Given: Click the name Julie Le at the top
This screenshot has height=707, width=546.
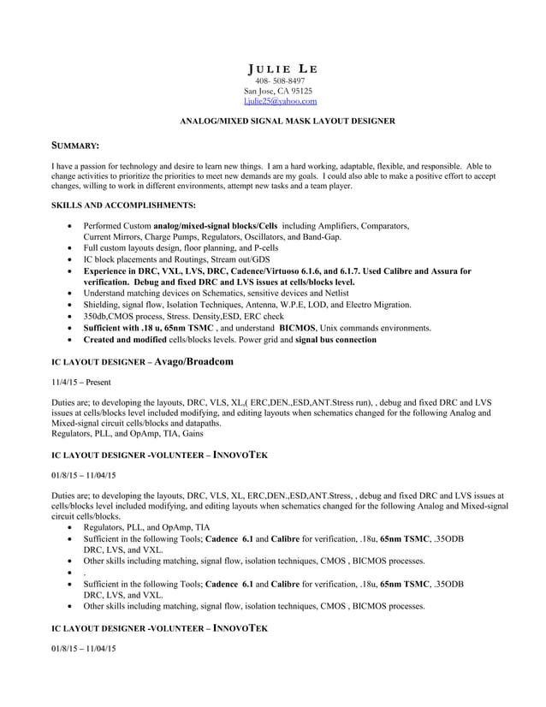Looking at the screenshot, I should [x=281, y=69].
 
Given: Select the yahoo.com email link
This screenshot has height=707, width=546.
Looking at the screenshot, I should [x=280, y=101].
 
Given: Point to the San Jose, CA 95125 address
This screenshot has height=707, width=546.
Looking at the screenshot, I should [x=278, y=91].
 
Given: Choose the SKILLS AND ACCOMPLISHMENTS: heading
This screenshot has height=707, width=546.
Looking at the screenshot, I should [x=123, y=205].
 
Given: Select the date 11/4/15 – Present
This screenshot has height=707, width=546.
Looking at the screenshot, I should [x=81, y=382].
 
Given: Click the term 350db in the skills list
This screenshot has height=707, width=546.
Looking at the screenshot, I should [x=94, y=317].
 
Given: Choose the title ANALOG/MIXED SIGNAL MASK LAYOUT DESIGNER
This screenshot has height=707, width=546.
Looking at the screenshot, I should [x=286, y=122].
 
